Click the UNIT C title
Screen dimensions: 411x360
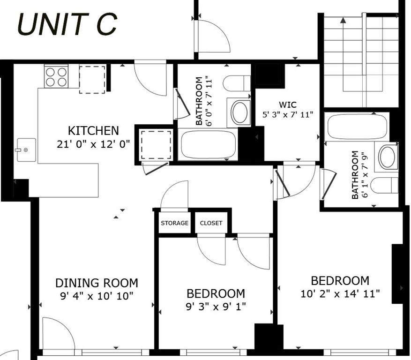click(67, 24)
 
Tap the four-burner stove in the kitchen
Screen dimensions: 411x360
click(56, 76)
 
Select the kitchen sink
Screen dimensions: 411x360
click(26, 150)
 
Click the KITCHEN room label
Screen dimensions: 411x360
click(93, 131)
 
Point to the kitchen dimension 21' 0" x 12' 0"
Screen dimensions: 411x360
click(93, 144)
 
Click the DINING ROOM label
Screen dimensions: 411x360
click(97, 283)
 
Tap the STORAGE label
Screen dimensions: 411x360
click(175, 223)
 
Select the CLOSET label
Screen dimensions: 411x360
click(211, 223)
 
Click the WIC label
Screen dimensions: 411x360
click(288, 105)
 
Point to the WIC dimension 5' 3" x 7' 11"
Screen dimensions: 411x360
click(288, 114)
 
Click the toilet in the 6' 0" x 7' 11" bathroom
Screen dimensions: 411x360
click(237, 83)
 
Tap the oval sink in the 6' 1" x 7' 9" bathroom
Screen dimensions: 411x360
click(388, 157)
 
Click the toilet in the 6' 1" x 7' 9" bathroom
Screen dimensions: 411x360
click(385, 185)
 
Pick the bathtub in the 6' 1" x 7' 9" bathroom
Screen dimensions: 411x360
click(357, 127)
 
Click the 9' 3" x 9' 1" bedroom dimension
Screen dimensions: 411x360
click(216, 306)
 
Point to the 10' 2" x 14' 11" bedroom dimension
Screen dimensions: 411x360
click(340, 293)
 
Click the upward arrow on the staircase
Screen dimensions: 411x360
click(343, 54)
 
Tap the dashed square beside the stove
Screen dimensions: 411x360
click(92, 80)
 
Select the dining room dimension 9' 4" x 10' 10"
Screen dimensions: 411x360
click(97, 296)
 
